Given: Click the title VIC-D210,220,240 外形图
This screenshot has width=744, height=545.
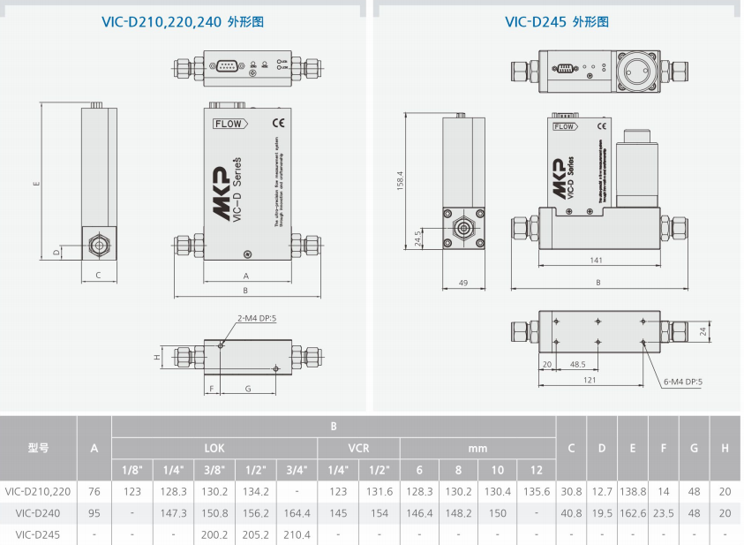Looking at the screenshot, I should pos(183,21).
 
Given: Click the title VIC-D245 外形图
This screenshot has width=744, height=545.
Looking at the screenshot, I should pos(557,21).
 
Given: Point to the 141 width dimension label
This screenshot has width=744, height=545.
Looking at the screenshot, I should pos(597,261).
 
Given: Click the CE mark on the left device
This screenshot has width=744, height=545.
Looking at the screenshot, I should pos(277,123).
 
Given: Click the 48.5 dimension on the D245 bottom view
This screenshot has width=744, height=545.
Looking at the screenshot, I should pos(578,364).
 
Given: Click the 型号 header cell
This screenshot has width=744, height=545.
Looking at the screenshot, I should pos(38,448).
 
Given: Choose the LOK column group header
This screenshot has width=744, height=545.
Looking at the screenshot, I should pos(214,448).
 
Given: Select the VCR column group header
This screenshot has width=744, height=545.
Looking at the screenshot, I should pos(358,448).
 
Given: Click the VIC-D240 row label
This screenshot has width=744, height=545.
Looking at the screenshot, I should pos(37,513).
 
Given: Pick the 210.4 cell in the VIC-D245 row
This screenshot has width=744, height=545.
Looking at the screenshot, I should pos(296,534).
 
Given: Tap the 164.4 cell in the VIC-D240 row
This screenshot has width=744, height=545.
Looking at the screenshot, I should pos(296,513).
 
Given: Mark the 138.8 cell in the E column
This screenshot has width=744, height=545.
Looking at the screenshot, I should pos(632,491).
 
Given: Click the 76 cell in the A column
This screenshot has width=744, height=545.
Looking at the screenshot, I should pos(94,491).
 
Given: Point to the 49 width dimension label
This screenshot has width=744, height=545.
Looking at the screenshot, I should pos(462,283).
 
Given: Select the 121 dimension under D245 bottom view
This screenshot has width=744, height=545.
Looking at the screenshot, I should pos(590,380).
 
